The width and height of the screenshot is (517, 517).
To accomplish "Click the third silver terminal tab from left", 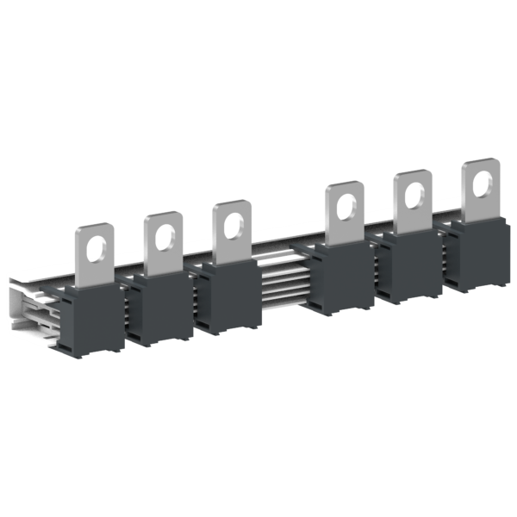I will (232, 234).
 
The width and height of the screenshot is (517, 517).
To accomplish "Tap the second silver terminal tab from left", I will (165, 245).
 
